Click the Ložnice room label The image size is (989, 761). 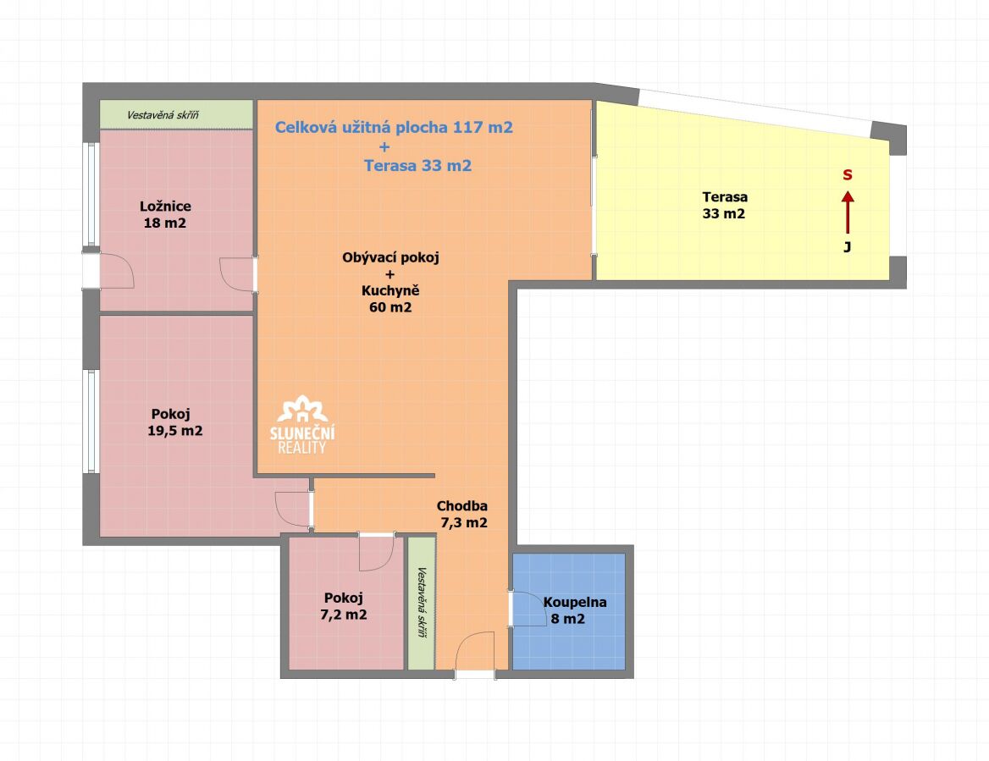[x=165, y=207]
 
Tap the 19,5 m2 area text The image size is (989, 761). [x=174, y=431]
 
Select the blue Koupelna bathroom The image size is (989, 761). [x=568, y=611]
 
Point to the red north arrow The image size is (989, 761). [x=848, y=212]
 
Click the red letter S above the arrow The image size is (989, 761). [x=848, y=175]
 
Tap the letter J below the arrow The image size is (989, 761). [x=848, y=247]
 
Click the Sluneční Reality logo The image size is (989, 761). [x=302, y=424]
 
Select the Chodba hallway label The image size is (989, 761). [x=461, y=505]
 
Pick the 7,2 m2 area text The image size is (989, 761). [x=344, y=615]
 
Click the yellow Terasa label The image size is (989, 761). [x=725, y=196]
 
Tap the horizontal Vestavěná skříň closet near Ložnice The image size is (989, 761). [x=177, y=115]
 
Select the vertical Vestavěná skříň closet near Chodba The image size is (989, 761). [x=422, y=603]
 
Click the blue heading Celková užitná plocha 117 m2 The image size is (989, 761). [x=394, y=127]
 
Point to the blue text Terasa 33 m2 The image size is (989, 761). [x=417, y=166]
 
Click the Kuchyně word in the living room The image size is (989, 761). [x=390, y=290]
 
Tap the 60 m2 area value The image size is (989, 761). [x=390, y=307]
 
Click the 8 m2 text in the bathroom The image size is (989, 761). [x=567, y=619]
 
